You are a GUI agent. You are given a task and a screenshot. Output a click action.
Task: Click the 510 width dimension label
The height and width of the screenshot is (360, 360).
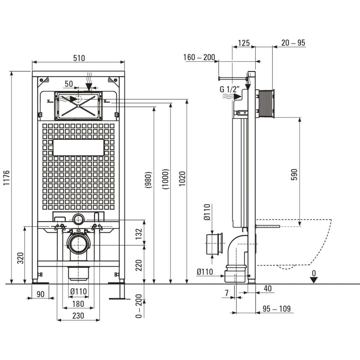[x=79, y=58]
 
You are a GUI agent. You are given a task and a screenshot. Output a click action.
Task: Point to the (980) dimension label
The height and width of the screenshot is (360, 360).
[x=149, y=179]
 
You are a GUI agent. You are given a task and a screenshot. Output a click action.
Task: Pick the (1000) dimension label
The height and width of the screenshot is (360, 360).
[x=166, y=179]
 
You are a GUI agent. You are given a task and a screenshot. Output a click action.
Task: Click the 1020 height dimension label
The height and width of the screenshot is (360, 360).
[x=182, y=179]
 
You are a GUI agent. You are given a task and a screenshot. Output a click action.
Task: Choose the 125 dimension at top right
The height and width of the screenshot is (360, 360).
[x=244, y=43]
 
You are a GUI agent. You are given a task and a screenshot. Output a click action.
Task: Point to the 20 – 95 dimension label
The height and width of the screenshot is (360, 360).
[x=293, y=43]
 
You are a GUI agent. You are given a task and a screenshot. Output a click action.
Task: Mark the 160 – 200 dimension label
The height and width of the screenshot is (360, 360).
[x=199, y=57]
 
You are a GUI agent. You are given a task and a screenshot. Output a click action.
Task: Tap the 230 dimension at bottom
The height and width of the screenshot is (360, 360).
[x=78, y=316]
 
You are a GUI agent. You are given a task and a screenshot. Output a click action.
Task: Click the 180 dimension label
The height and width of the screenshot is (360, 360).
[x=78, y=304]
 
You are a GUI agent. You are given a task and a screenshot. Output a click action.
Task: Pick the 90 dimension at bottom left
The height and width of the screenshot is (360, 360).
[x=40, y=294]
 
